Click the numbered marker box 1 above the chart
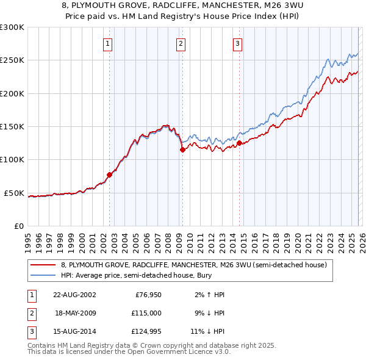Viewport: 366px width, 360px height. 108,43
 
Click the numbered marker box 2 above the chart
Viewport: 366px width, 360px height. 181,43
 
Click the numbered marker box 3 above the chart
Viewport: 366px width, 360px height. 237,43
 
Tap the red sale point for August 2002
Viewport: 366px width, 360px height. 110,175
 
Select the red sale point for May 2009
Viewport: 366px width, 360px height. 182,149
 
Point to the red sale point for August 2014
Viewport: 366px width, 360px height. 239,143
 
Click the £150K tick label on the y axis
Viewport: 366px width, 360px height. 12,127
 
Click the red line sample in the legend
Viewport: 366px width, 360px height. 44,265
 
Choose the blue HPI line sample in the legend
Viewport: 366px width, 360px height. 44,275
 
